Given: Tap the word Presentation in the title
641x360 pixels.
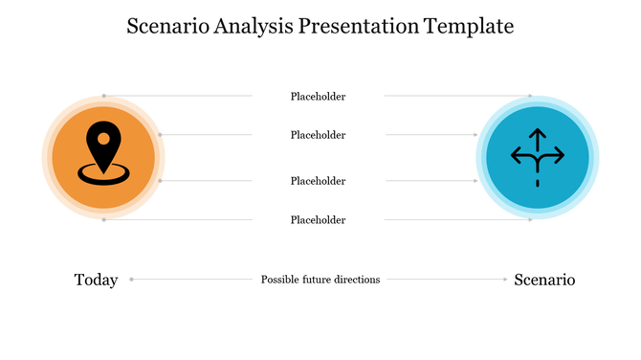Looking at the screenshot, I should tap(358, 26).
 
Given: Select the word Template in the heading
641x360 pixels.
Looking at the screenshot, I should tap(469, 26).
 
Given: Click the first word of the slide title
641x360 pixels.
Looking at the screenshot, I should tap(165, 26).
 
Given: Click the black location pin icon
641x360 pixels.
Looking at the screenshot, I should tap(103, 151).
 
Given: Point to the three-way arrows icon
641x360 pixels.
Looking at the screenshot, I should tap(537, 156).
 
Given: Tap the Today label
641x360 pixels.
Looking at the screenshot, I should tap(96, 280).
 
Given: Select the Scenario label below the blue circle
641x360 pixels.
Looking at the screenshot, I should tap(544, 280).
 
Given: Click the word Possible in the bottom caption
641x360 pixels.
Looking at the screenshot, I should tap(281, 280).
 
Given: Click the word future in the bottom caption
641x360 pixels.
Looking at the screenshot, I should tap(318, 280).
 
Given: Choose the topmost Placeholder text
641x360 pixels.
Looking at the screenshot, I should tap(318, 97).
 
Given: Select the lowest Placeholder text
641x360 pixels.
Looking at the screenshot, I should tap(318, 220).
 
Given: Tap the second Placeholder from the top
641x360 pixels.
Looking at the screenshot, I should tap(318, 135).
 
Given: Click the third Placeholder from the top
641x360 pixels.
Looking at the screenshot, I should tap(318, 181).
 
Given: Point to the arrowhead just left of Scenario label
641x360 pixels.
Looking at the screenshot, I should tap(505, 280).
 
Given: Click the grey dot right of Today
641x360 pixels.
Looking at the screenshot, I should tap(131, 280).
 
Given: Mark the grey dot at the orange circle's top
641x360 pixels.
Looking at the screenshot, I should tap(103, 96).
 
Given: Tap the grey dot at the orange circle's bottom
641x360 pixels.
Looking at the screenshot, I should tap(103, 220).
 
